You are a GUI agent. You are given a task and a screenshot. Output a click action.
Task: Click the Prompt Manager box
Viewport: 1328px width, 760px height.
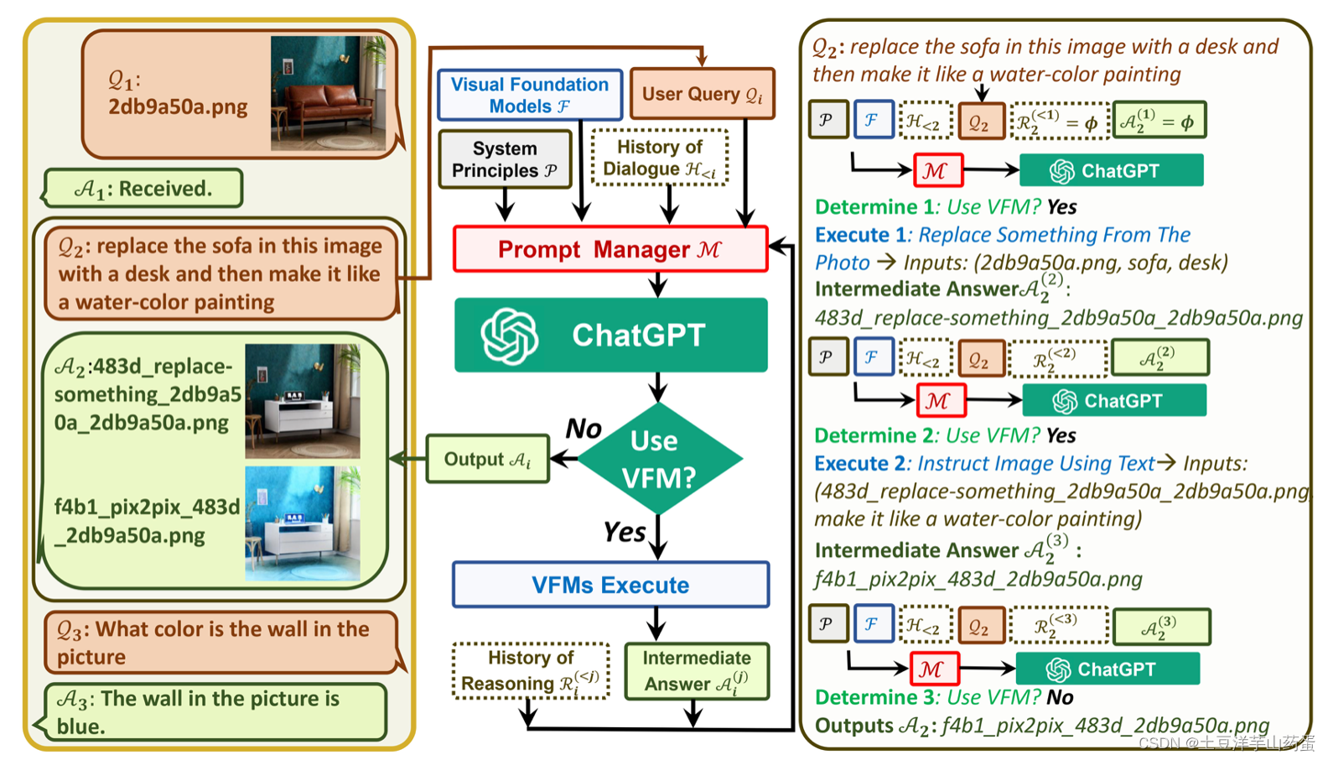pyautogui.click(x=610, y=249)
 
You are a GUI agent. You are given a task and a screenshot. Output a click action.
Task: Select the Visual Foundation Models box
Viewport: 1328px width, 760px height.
pyautogui.click(x=530, y=95)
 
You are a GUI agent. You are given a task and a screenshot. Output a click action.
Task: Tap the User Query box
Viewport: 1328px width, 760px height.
pyautogui.click(x=703, y=94)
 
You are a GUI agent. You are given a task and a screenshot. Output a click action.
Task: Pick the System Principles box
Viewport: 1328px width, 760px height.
pyautogui.click(x=505, y=159)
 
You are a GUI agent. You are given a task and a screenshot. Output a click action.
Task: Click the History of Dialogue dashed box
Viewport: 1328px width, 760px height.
pyautogui.click(x=660, y=158)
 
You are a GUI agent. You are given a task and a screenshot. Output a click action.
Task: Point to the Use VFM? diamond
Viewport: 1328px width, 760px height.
pyautogui.click(x=659, y=459)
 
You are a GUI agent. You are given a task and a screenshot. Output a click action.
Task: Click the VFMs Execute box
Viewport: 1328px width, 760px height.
pyautogui.click(x=610, y=585)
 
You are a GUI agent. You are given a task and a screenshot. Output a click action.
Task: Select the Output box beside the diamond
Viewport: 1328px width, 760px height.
pyautogui.click(x=487, y=459)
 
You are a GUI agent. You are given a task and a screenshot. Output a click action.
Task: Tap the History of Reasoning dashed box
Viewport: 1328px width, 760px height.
pyautogui.click(x=531, y=671)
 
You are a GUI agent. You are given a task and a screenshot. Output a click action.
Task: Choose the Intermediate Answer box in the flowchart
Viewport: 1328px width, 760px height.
pyautogui.click(x=698, y=671)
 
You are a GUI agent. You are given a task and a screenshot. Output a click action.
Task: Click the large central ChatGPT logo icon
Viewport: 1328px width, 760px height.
pyautogui.click(x=509, y=336)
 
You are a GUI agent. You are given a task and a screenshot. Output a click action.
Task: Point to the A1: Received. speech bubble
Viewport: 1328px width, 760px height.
pyautogui.click(x=143, y=189)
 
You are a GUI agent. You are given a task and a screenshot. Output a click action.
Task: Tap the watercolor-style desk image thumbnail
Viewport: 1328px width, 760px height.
pyautogui.click(x=303, y=523)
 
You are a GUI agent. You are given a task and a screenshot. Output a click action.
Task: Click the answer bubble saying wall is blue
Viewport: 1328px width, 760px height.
pyautogui.click(x=214, y=712)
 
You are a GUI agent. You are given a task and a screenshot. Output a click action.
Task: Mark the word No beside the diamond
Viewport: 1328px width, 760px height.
pyautogui.click(x=584, y=429)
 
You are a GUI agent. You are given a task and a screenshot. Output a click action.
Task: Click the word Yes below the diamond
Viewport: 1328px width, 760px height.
pyautogui.click(x=625, y=532)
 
